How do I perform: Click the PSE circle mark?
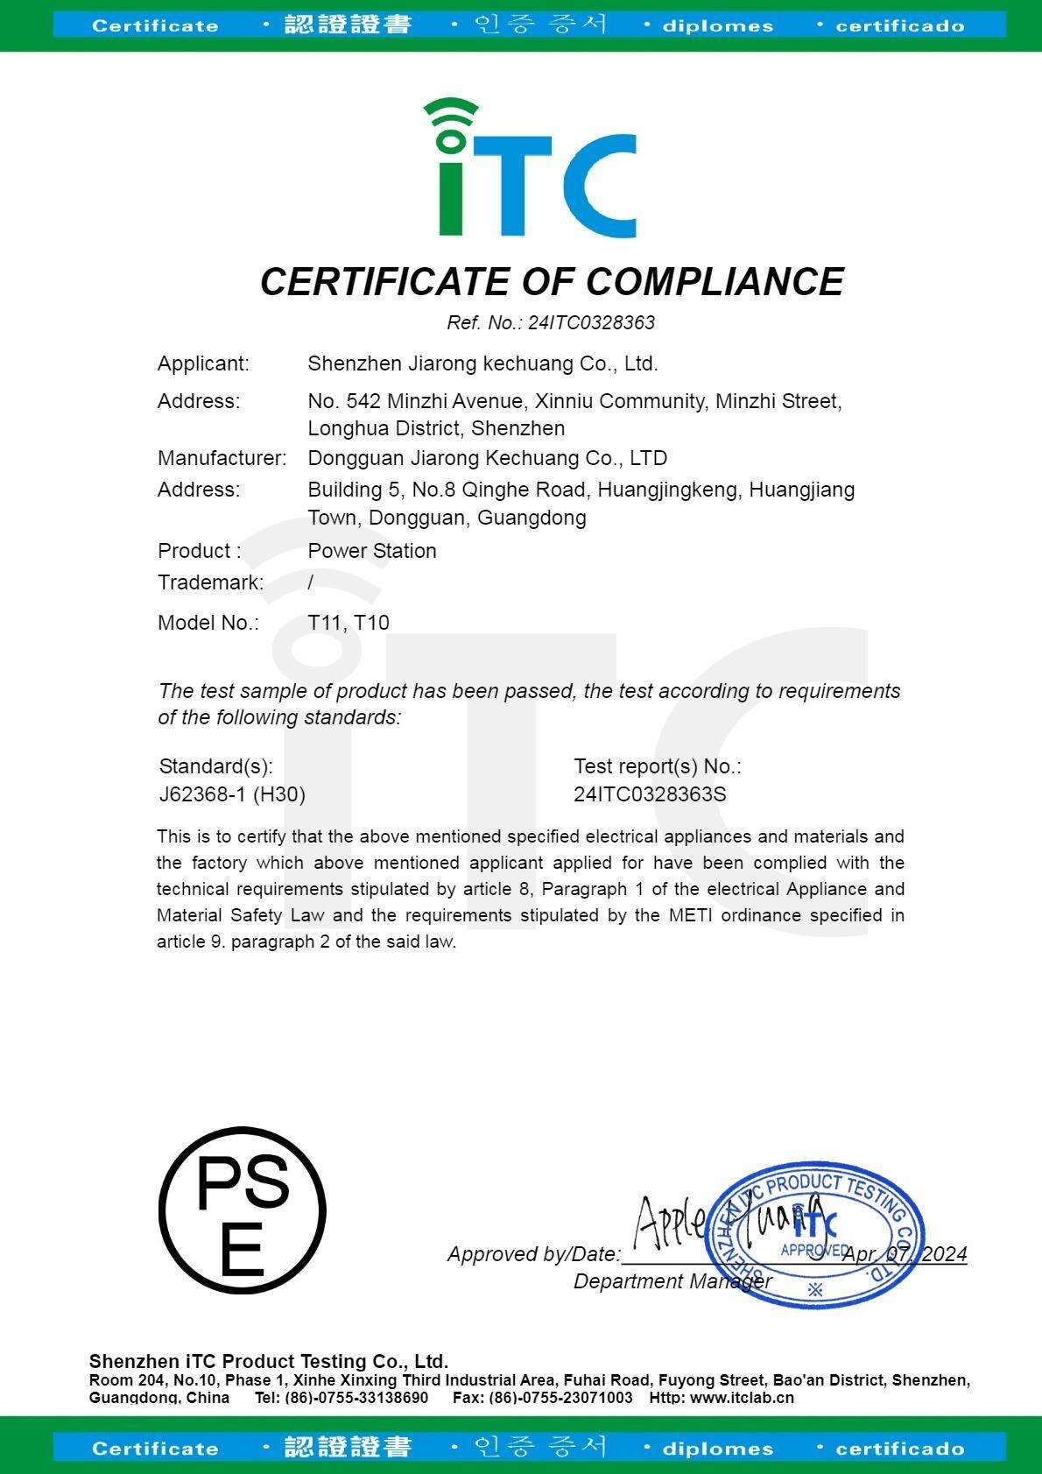point(243,1210)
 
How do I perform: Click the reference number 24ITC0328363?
point(591,323)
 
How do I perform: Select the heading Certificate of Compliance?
point(552,282)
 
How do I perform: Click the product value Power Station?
point(372,551)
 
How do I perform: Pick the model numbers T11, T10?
point(349,623)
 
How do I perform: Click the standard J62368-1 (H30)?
point(232,794)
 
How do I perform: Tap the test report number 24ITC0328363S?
point(650,794)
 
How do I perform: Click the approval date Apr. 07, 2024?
point(905,1254)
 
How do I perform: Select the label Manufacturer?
point(222,458)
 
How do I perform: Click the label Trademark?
point(210,582)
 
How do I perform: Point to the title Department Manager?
point(672,1281)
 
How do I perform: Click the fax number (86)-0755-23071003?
point(560,1398)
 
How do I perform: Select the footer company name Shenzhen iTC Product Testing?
point(269,1361)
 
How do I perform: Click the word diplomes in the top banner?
point(717,26)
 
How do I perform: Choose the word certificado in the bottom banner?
point(899,1449)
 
